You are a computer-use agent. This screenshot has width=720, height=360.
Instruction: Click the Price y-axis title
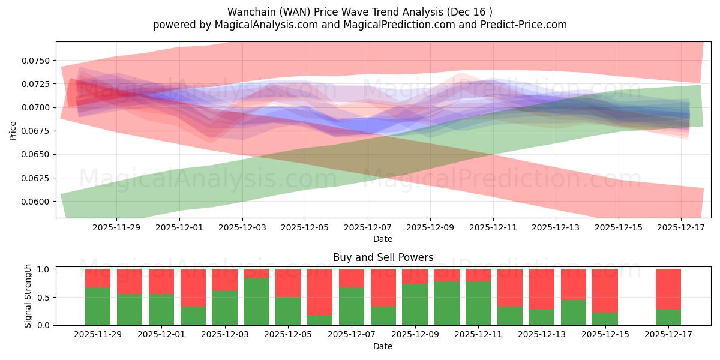click(13, 130)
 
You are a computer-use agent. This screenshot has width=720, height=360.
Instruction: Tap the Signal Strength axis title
click(28, 296)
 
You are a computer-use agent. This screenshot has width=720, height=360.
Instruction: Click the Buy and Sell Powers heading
click(383, 257)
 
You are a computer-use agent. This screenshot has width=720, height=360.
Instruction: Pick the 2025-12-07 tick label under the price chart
click(367, 227)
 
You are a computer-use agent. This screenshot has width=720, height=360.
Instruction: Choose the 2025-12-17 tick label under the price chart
click(681, 227)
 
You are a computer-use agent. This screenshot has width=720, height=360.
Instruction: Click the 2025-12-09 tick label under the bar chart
click(415, 334)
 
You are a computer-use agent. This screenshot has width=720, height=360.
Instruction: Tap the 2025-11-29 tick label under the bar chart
click(98, 334)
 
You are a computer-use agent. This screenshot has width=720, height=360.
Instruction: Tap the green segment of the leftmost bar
click(98, 306)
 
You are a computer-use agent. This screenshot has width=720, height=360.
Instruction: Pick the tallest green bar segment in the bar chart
click(256, 302)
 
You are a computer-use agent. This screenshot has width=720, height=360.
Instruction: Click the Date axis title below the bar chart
click(383, 346)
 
